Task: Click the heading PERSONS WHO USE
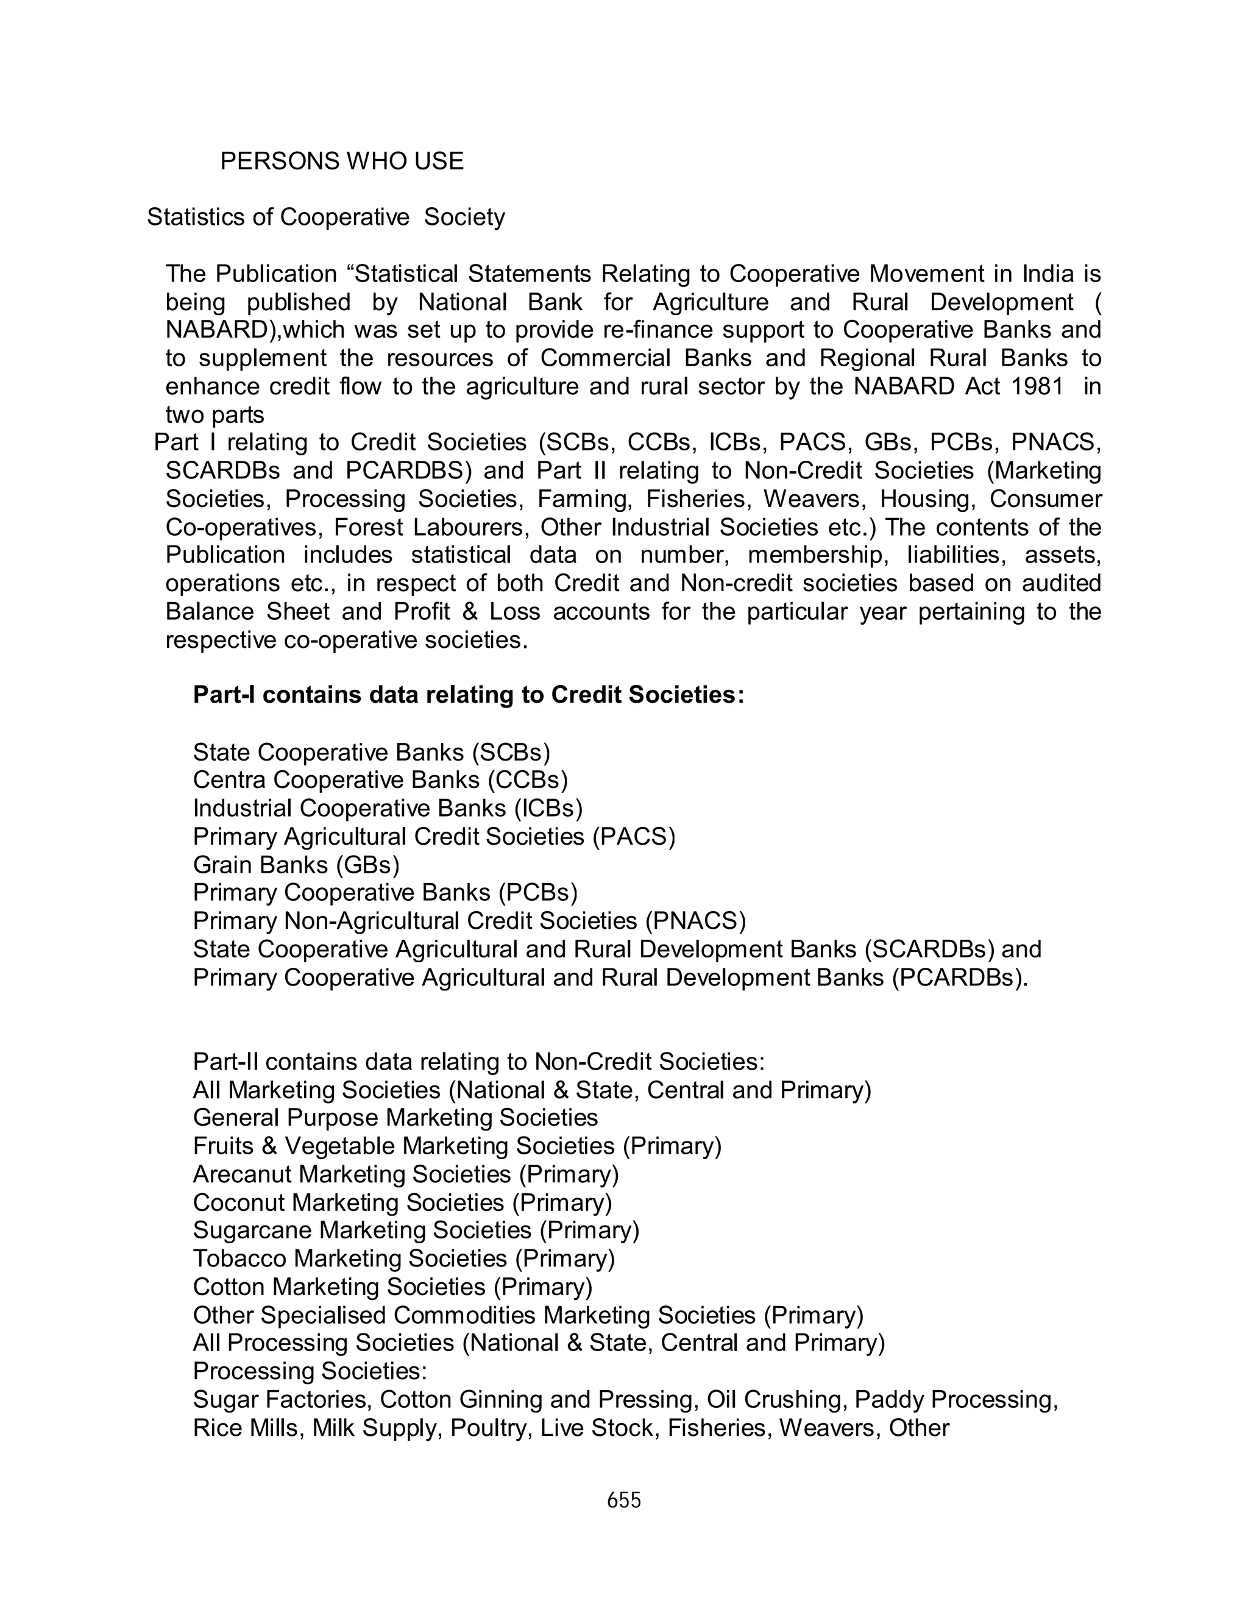342,161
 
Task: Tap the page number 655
623,1500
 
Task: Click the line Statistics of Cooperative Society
325,218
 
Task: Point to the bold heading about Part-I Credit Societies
468,696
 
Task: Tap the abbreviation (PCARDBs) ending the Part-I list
959,978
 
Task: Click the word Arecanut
243,1174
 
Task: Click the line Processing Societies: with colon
310,1372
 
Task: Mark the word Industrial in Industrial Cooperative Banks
243,809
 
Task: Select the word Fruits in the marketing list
222,1146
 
